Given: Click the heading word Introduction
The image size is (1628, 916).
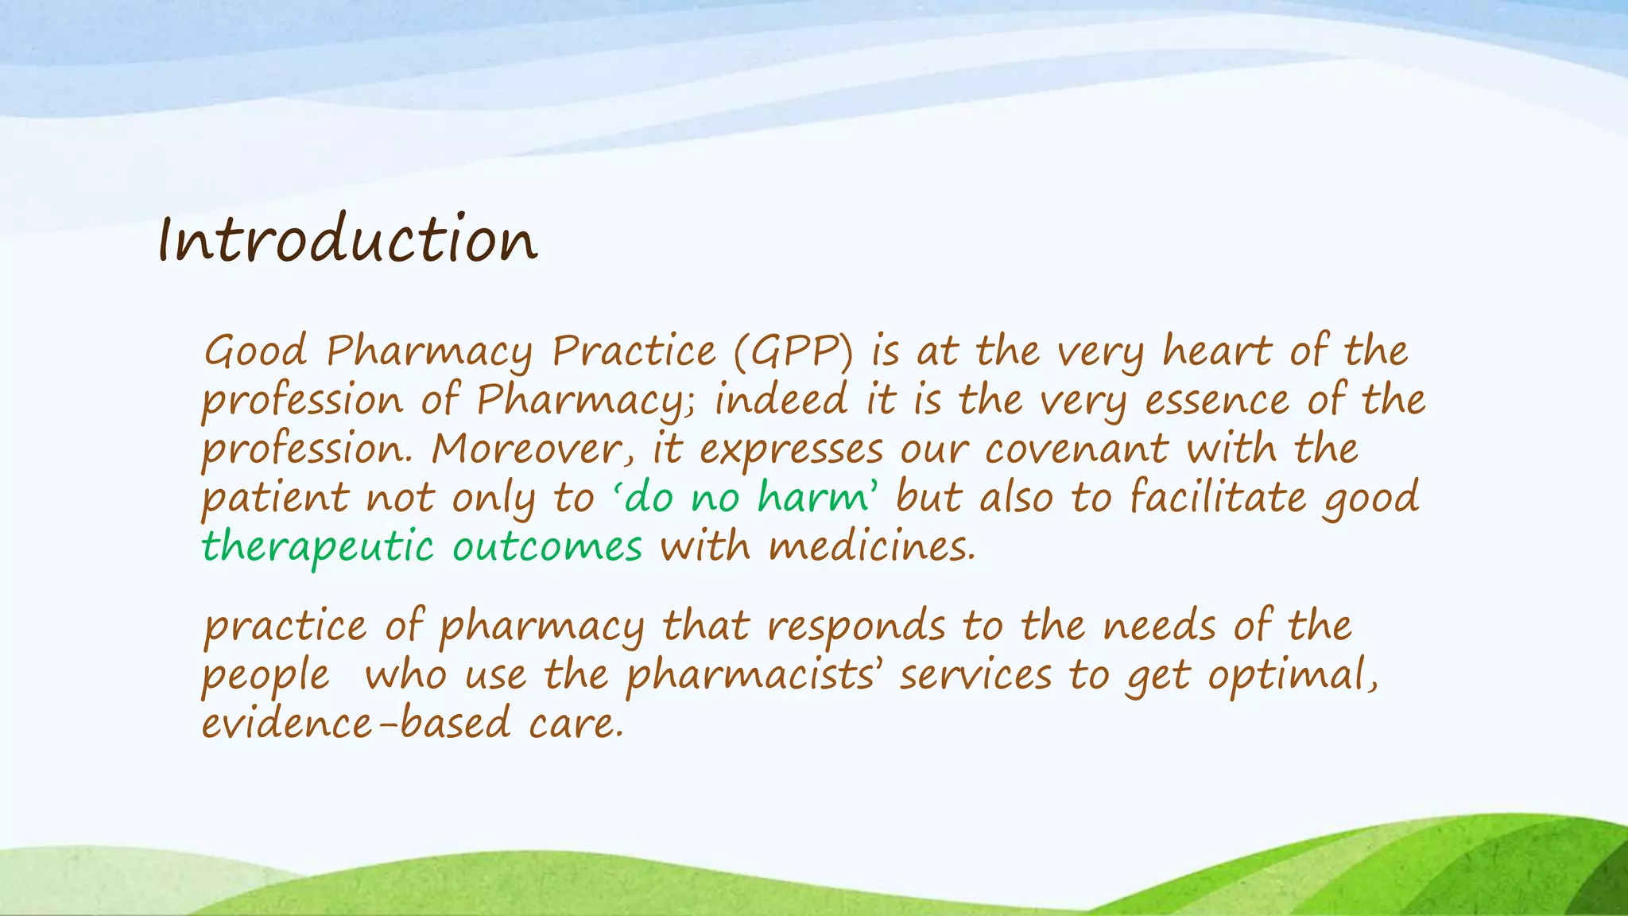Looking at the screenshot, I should (x=348, y=240).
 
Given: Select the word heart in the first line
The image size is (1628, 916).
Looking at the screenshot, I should (x=1216, y=351).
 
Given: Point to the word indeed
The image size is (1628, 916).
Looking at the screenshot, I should (x=781, y=400).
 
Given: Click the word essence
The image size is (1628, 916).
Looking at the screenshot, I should (x=1216, y=401).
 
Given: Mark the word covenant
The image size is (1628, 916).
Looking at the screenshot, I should (x=1076, y=450).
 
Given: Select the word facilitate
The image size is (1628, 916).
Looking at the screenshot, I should (x=1217, y=499).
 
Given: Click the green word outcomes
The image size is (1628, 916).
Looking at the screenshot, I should (x=547, y=548).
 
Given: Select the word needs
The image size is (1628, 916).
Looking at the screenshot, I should (x=1159, y=627).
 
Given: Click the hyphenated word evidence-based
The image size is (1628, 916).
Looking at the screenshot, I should (x=356, y=724).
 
